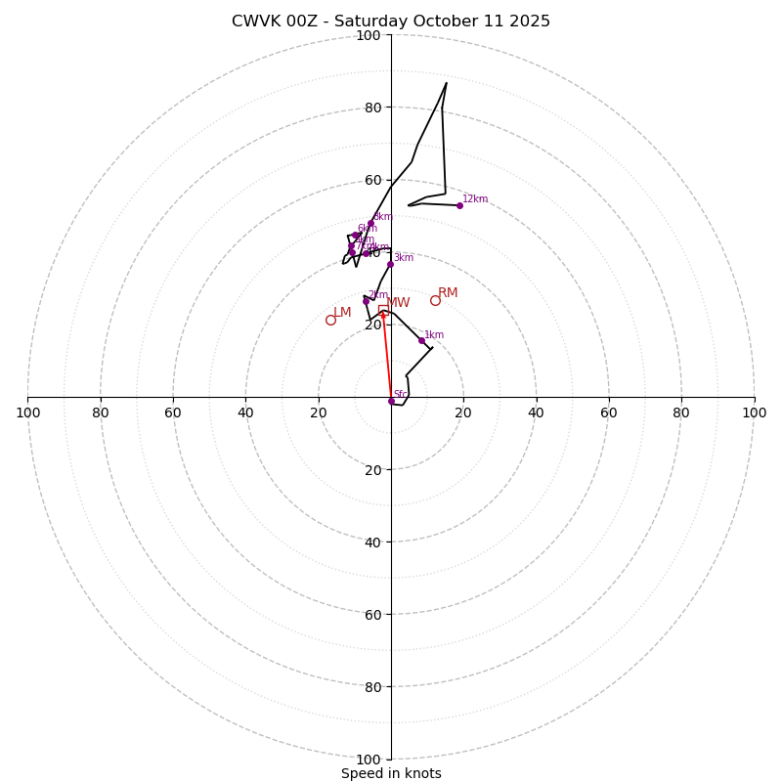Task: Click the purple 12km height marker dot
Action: pyautogui.click(x=459, y=205)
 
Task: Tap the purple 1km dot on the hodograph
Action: pyautogui.click(x=421, y=340)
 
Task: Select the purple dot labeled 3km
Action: pyautogui.click(x=390, y=264)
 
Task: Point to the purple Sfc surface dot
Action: pyautogui.click(x=391, y=401)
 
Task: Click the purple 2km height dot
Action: pyautogui.click(x=366, y=301)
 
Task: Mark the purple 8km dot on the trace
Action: pyautogui.click(x=370, y=223)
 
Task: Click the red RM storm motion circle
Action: pyautogui.click(x=435, y=300)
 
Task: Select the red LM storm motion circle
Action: pyautogui.click(x=330, y=320)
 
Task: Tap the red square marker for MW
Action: pyautogui.click(x=383, y=310)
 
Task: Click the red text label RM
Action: pyautogui.click(x=448, y=292)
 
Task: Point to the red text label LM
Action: pyautogui.click(x=342, y=312)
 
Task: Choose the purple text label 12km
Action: pyautogui.click(x=475, y=198)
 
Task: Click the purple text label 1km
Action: pyautogui.click(x=434, y=334)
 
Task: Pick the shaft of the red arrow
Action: pyautogui.click(x=387, y=357)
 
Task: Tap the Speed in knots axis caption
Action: pyautogui.click(x=391, y=773)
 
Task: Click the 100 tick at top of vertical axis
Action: pyautogui.click(x=368, y=35)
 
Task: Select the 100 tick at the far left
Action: pyautogui.click(x=27, y=413)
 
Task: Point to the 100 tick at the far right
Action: pyautogui.click(x=754, y=413)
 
